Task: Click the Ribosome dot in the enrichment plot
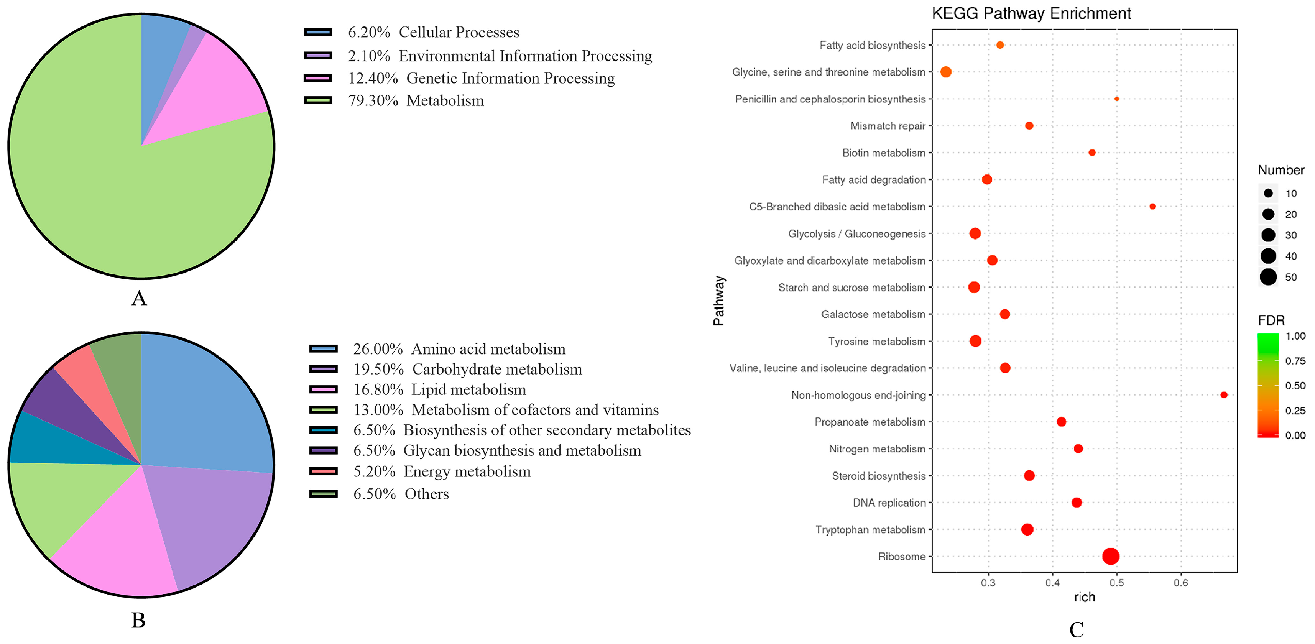[x=1111, y=556]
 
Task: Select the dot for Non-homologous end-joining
[x=1224, y=395]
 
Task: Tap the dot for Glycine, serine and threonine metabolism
[x=945, y=72]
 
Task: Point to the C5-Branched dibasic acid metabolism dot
[x=1152, y=207]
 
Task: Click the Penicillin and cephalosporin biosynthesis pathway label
[x=830, y=99]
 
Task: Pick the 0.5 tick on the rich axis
[x=1116, y=583]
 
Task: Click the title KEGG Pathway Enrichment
[x=1031, y=13]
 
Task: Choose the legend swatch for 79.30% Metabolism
[x=317, y=100]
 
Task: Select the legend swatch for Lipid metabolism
[x=323, y=390]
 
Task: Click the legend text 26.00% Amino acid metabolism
[x=459, y=349]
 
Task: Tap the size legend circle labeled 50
[x=1268, y=277]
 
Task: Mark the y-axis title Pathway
[x=719, y=301]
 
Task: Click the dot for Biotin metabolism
[x=1092, y=153]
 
